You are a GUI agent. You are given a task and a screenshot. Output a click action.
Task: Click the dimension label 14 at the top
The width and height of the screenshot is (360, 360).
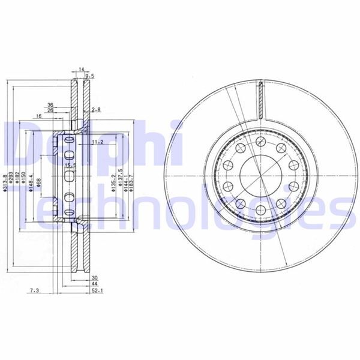82,70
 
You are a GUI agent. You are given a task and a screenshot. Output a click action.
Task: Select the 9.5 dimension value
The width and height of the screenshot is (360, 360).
90,76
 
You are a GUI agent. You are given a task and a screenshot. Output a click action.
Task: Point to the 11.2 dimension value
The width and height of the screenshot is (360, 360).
98,142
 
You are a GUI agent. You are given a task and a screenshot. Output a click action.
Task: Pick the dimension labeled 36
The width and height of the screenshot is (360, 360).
51,104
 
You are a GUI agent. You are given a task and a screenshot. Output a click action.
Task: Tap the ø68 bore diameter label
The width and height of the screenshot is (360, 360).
38,184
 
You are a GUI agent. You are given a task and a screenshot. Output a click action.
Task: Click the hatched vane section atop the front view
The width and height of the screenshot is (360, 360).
261,99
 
